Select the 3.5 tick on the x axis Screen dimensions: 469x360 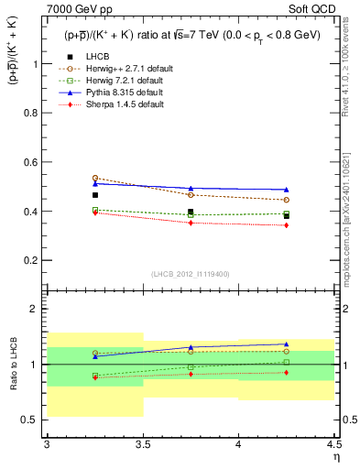tap(143, 445)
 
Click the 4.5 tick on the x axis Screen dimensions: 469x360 tap(333, 445)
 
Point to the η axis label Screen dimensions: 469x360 tap(335, 455)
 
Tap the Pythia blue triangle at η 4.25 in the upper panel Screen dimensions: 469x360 tap(287, 190)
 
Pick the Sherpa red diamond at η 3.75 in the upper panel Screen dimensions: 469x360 tap(191, 223)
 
